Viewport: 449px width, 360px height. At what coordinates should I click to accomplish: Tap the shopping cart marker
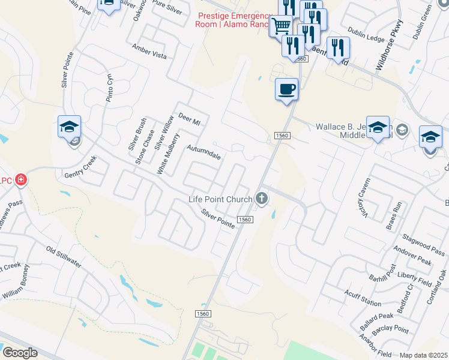[280, 26]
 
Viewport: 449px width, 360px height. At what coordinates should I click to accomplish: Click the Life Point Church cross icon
[261, 197]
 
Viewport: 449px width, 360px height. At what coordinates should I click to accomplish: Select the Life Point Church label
[220, 199]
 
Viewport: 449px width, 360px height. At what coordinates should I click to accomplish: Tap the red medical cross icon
[21, 179]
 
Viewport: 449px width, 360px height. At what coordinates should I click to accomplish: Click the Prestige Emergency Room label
[231, 20]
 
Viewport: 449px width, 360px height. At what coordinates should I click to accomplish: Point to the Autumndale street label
[203, 152]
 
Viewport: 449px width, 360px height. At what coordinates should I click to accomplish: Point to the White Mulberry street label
[168, 154]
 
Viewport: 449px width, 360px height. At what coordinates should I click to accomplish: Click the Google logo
[20, 353]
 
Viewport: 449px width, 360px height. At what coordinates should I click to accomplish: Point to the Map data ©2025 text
[423, 355]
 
